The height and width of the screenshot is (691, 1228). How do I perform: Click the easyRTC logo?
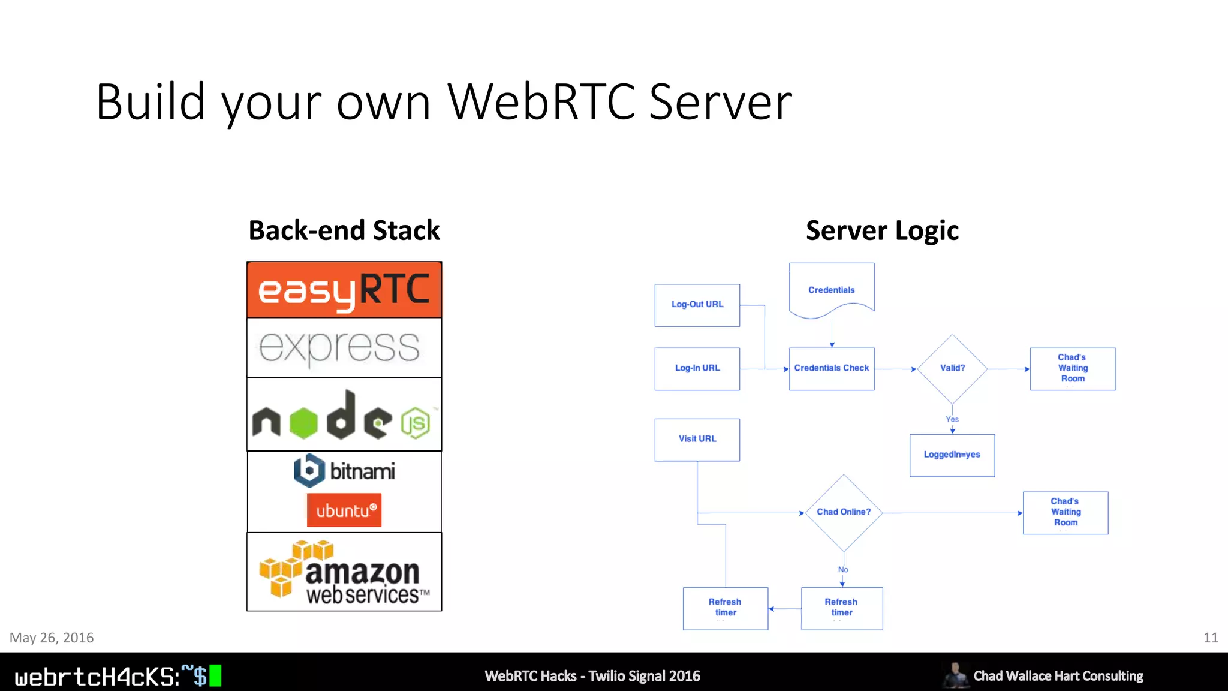point(344,290)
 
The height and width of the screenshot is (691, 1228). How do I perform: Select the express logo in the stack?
point(339,347)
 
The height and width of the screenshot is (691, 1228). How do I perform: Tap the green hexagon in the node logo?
point(303,422)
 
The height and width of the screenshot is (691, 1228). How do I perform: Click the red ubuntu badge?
point(344,510)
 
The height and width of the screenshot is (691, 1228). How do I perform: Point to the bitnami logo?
point(344,471)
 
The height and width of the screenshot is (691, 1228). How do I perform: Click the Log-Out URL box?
point(697,305)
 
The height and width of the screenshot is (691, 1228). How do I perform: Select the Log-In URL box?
point(697,368)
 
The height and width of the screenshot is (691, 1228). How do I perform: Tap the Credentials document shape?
point(831,290)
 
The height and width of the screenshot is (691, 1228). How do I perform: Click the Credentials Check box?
point(831,368)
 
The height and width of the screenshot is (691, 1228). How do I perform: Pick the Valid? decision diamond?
point(952,368)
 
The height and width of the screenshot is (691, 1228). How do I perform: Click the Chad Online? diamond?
point(843,512)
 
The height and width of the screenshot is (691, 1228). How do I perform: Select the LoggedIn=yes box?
point(952,455)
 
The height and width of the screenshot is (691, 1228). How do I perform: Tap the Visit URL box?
point(697,439)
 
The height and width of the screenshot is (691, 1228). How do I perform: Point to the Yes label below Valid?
point(952,419)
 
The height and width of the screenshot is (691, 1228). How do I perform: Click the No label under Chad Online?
point(843,569)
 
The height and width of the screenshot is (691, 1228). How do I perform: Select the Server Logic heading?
point(882,230)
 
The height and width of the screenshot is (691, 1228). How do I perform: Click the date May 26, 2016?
point(52,638)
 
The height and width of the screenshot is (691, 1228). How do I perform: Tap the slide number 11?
point(1210,638)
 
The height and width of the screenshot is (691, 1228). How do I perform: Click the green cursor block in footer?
point(215,675)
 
